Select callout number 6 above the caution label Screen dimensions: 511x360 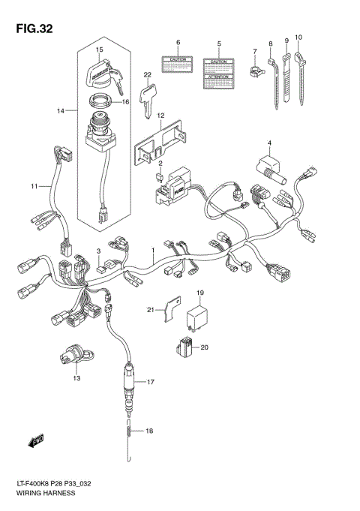(178, 42)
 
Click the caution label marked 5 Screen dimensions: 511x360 (217, 71)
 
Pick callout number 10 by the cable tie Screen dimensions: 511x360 (298, 37)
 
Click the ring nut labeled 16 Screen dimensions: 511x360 (103, 102)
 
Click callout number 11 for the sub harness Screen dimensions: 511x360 (33, 185)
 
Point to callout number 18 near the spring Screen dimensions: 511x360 (149, 431)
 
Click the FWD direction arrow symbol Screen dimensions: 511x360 (37, 441)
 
